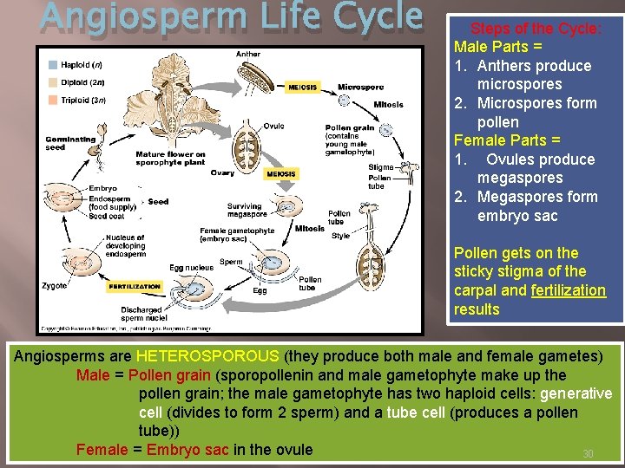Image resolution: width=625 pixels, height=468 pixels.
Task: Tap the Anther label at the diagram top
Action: point(247,55)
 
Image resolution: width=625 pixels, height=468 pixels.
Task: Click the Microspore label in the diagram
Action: point(360,88)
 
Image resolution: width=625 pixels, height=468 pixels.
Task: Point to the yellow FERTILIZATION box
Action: point(135,286)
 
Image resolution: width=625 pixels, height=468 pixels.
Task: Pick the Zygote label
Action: point(54,285)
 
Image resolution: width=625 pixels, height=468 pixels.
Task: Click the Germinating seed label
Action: point(70,143)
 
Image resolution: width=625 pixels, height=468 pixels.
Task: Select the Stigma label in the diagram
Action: point(380,166)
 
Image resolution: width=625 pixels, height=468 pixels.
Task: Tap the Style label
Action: point(340,236)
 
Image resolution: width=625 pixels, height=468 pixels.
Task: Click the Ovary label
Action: point(222,172)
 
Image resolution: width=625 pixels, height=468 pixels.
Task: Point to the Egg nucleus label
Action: point(191,268)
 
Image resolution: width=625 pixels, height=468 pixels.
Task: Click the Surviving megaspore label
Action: point(245,211)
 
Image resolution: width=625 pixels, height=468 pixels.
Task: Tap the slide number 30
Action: point(588,454)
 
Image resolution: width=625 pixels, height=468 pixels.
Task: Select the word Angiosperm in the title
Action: point(114,18)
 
